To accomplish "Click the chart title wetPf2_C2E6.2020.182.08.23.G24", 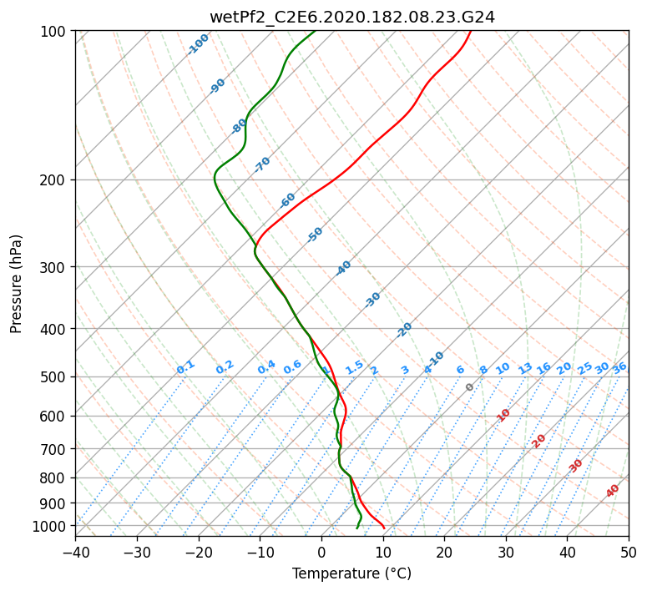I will tap(351, 17).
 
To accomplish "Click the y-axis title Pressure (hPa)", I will tap(17, 283).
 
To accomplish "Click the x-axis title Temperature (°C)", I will tap(351, 574).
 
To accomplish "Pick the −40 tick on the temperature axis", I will tap(75, 552).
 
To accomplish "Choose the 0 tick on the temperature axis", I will tap(321, 552).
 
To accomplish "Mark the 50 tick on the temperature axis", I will tap(629, 552).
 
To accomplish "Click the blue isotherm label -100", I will tap(198, 44).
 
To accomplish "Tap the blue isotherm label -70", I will tap(262, 164).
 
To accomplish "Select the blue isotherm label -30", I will tap(372, 300).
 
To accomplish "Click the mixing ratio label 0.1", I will tap(185, 367).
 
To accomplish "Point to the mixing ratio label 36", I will tap(619, 367).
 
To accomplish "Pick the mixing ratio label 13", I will tap(525, 368).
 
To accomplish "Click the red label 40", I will tap(613, 491).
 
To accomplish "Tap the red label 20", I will tap(538, 441).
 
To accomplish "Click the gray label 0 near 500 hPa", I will tap(470, 387).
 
